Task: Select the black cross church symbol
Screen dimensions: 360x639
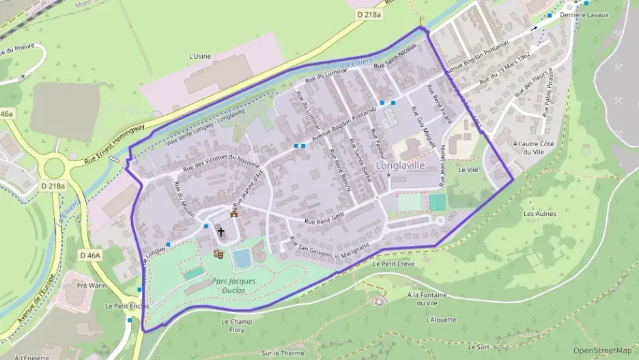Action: pyautogui.click(x=221, y=232)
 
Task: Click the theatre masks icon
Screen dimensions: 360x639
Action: pyautogui.click(x=219, y=253)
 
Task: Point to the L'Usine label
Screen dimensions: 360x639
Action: pyautogui.click(x=199, y=56)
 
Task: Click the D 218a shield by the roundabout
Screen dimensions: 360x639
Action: pyautogui.click(x=53, y=185)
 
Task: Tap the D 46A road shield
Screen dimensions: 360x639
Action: pyautogui.click(x=89, y=255)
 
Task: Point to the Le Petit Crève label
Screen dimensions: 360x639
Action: pyautogui.click(x=394, y=263)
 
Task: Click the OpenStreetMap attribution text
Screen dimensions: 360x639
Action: pyautogui.click(x=602, y=350)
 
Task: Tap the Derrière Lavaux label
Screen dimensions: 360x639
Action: pyautogui.click(x=584, y=14)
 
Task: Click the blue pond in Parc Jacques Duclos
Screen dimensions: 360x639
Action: pyautogui.click(x=242, y=258)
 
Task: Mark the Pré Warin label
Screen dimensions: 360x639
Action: pyautogui.click(x=91, y=285)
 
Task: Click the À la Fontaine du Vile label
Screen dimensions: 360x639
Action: pyautogui.click(x=426, y=299)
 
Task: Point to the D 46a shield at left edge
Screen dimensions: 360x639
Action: pyautogui.click(x=6, y=114)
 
